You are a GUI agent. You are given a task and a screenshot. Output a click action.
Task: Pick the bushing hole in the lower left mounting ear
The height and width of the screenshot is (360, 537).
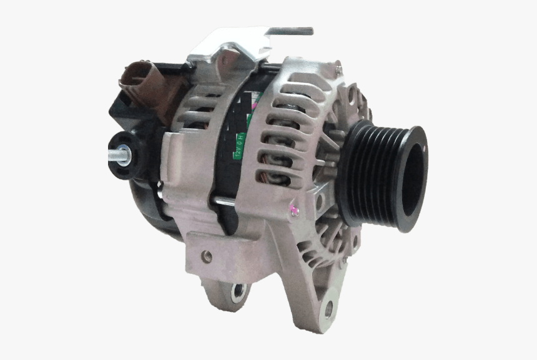point(238,290)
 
